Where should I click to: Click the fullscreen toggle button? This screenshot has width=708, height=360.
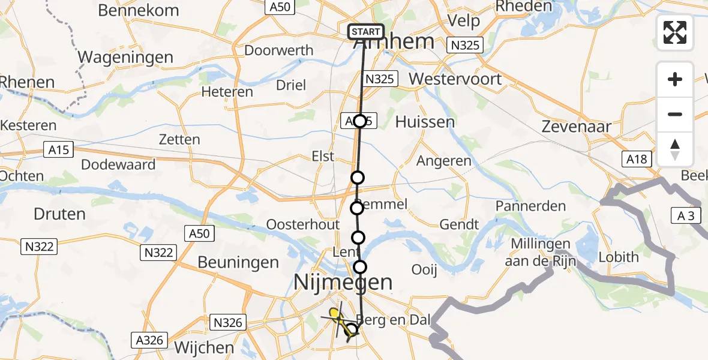[x=675, y=32]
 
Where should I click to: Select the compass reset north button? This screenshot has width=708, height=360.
[x=675, y=149]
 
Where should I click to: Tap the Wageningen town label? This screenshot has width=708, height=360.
[x=126, y=58]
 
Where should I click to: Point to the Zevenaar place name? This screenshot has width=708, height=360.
[x=576, y=127]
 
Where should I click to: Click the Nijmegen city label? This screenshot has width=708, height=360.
[x=343, y=281]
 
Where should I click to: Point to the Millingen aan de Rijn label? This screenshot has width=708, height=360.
[x=541, y=251]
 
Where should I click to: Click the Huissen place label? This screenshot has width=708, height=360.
[x=425, y=122]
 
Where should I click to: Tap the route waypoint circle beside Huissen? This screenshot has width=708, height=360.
[x=359, y=121]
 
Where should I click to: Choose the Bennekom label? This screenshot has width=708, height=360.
[x=138, y=10]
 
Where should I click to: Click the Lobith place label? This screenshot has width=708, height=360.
[x=619, y=257]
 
